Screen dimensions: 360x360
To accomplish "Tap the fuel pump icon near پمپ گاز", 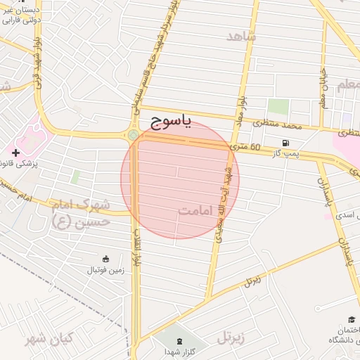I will [x=285, y=143].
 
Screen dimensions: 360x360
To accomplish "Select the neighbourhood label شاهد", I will [x=241, y=35].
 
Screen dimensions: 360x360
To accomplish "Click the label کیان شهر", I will [x=48, y=338].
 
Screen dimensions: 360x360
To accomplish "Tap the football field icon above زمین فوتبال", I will [x=105, y=258].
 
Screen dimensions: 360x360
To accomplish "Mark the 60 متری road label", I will [x=245, y=147].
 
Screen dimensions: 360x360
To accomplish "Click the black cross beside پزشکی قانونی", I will [x=15, y=151].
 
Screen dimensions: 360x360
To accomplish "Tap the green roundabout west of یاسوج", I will [x=134, y=135].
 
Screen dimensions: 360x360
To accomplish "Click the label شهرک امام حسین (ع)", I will [x=83, y=213].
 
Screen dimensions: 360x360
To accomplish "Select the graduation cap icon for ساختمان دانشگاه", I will [x=351, y=319].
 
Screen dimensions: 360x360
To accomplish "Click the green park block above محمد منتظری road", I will [x=278, y=107].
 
